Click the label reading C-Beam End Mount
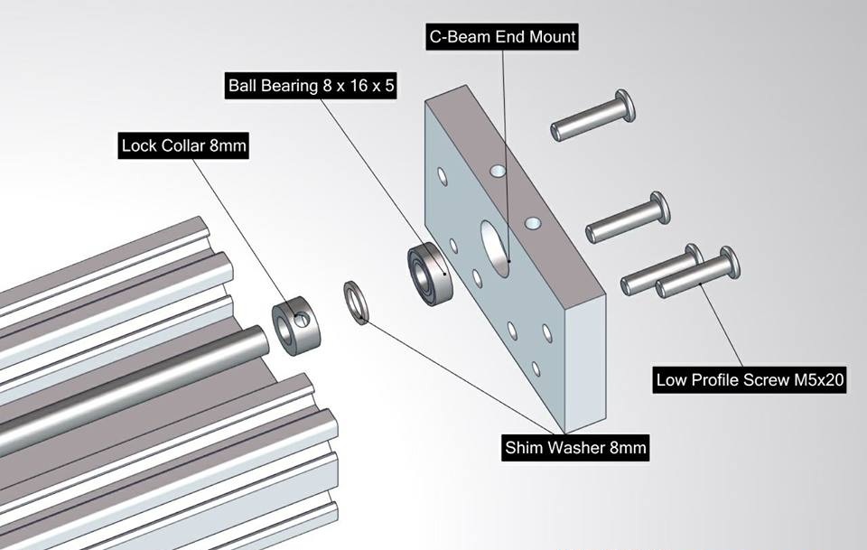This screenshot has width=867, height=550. tap(501, 37)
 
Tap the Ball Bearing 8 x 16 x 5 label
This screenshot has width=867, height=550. tap(312, 87)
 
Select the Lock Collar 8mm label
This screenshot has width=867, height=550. tap(184, 145)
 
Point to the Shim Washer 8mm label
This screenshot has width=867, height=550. tap(575, 446)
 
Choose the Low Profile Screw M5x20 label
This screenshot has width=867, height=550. tap(750, 380)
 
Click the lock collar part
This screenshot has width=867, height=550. tap(297, 322)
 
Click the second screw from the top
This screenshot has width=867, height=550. tap(627, 219)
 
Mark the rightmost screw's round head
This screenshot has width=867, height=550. tap(729, 262)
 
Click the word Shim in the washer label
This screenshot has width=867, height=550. tap(526, 446)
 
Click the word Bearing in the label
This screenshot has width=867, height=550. tap(291, 87)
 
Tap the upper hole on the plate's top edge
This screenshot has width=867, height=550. tap(495, 171)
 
